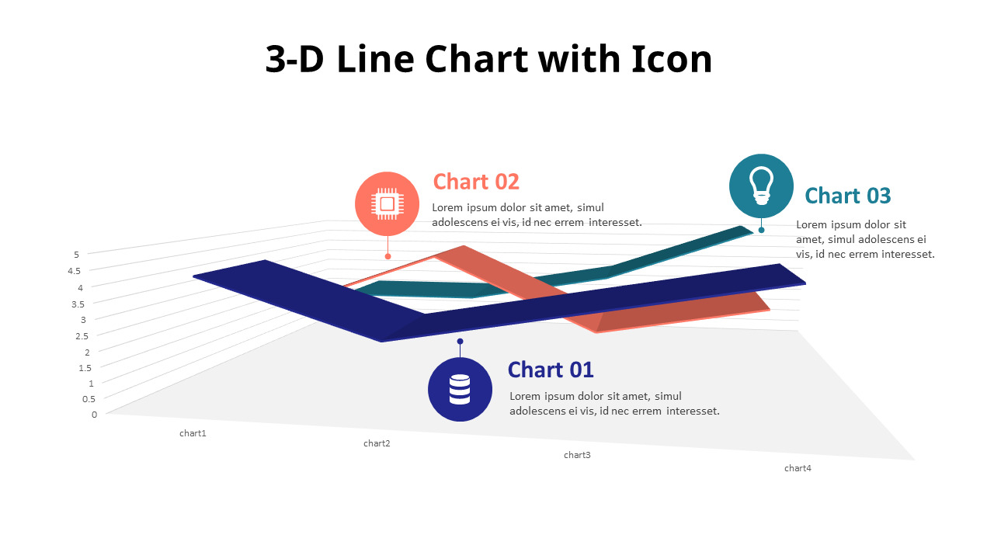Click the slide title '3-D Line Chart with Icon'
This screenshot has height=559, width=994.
pyautogui.click(x=488, y=60)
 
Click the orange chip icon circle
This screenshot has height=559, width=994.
pyautogui.click(x=387, y=203)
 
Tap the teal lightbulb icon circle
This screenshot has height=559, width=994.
pyautogui.click(x=761, y=186)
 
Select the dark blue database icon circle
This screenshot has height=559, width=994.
pyautogui.click(x=460, y=389)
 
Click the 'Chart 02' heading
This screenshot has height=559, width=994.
pyautogui.click(x=476, y=182)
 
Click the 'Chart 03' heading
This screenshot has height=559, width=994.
pyautogui.click(x=847, y=196)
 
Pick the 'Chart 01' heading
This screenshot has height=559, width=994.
pyautogui.click(x=551, y=370)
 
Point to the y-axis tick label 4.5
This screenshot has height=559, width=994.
pyautogui.click(x=75, y=271)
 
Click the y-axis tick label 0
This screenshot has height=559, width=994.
pyautogui.click(x=94, y=415)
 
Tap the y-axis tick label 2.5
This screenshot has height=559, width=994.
pyautogui.click(x=82, y=336)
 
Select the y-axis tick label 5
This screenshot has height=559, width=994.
pyautogui.click(x=76, y=254)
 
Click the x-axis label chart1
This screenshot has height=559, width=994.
pyautogui.click(x=193, y=433)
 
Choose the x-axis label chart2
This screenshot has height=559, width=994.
pyautogui.click(x=377, y=443)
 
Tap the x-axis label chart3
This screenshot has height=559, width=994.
pyautogui.click(x=577, y=455)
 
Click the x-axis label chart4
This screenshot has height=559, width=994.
pyautogui.click(x=798, y=468)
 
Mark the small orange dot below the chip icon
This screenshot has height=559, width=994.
pyautogui.click(x=388, y=256)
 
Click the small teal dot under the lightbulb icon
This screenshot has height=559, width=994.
pyautogui.click(x=761, y=230)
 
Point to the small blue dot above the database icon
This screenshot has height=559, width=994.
pyautogui.click(x=460, y=341)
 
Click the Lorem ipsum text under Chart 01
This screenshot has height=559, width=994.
pyautogui.click(x=614, y=404)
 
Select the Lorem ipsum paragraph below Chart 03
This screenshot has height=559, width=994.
pyautogui.click(x=864, y=239)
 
